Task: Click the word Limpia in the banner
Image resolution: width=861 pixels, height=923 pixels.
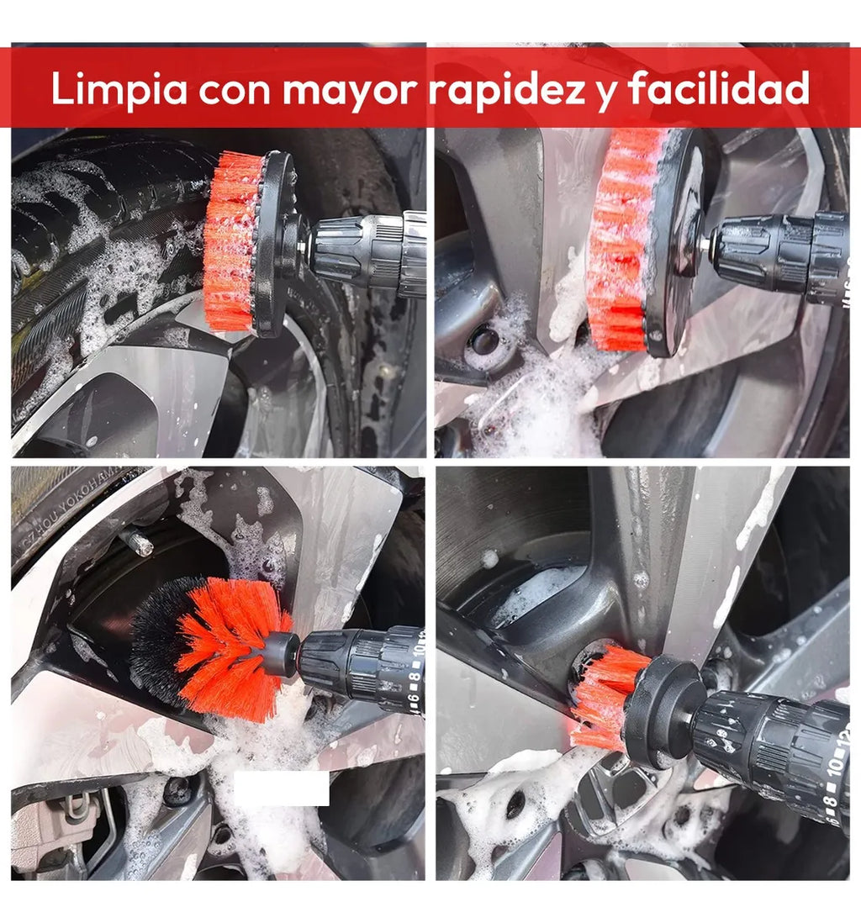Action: point(119,89)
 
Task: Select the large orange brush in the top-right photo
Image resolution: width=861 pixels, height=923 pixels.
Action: point(618,240)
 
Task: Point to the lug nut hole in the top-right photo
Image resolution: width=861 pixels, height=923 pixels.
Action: point(484,340)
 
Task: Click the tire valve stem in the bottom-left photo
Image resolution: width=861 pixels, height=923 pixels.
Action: point(138,541)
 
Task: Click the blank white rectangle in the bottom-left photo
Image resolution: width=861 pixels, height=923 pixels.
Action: point(281,788)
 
